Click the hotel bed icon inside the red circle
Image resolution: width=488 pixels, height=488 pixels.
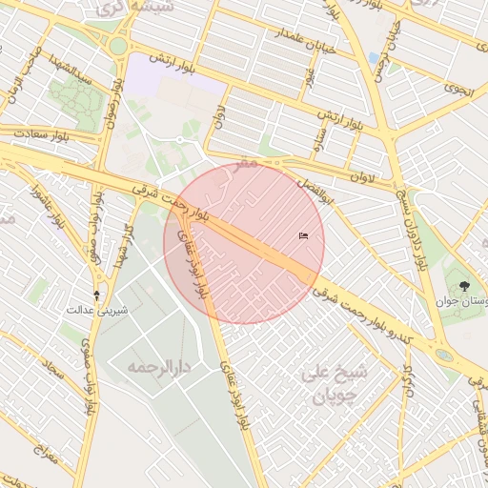pyautogui.click(x=303, y=235)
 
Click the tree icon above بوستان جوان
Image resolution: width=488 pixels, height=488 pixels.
pyautogui.click(x=464, y=285)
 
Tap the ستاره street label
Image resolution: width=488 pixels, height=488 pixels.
pyautogui.click(x=321, y=140)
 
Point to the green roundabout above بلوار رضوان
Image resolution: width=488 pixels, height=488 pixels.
pyautogui.click(x=117, y=45)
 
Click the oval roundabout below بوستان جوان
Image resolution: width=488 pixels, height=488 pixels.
pyautogui.click(x=444, y=355)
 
